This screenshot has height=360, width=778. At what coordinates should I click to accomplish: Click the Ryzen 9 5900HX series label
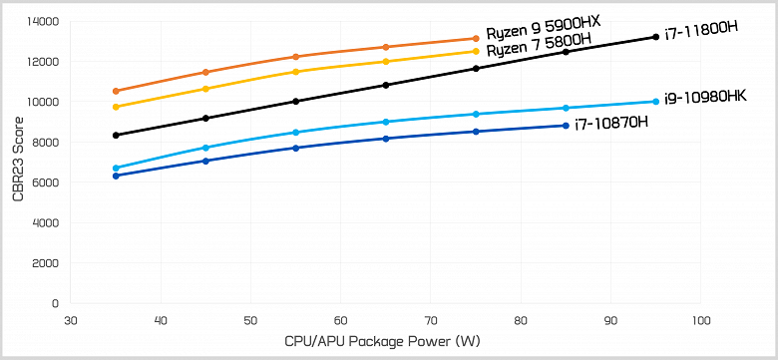(543, 32)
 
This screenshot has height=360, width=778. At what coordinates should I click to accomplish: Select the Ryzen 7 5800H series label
(539, 50)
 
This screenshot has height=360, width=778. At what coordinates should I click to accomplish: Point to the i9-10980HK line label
(706, 96)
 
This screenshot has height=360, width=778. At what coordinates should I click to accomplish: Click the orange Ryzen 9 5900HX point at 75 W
(476, 39)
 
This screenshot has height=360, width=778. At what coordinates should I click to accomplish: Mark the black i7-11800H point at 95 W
(655, 37)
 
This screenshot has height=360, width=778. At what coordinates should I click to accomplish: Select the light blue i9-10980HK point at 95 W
(655, 101)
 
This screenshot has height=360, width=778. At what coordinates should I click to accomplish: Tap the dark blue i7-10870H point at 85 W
(566, 126)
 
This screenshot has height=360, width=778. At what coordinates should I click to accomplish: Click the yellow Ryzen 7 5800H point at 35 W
(117, 107)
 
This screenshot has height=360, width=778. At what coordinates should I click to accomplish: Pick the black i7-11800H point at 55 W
(296, 101)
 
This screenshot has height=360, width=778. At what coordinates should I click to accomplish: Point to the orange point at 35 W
(117, 91)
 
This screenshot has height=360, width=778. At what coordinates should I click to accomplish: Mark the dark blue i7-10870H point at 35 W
(117, 176)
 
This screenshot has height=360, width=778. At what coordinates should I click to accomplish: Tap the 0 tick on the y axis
(55, 303)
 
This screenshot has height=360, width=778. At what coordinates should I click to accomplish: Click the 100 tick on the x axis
(700, 321)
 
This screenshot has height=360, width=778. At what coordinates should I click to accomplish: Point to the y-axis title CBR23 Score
(17, 162)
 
